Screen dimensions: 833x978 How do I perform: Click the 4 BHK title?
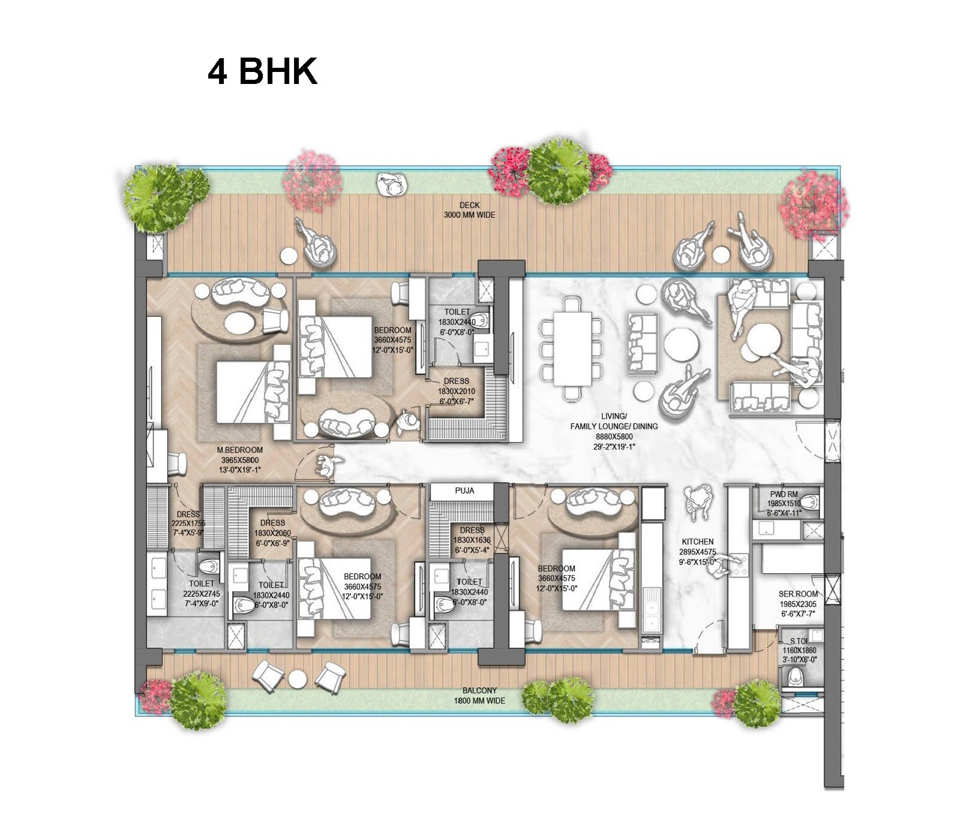click(262, 72)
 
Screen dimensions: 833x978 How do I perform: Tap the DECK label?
click(470, 205)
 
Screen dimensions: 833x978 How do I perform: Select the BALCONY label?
click(479, 691)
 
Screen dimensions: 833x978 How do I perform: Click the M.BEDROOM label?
click(240, 450)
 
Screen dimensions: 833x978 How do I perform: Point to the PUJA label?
click(464, 491)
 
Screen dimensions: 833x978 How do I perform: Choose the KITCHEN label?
click(697, 542)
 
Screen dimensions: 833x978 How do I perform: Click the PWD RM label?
click(784, 494)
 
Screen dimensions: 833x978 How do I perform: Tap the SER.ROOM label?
click(798, 594)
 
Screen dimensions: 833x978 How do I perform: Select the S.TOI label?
click(799, 642)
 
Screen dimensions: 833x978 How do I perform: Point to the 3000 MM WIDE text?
click(470, 215)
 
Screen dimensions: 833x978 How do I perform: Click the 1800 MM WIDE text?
click(479, 700)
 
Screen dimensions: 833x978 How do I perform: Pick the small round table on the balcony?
click(298, 678)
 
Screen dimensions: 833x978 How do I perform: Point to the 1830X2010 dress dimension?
click(457, 392)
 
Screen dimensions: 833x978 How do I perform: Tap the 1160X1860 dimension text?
click(799, 650)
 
